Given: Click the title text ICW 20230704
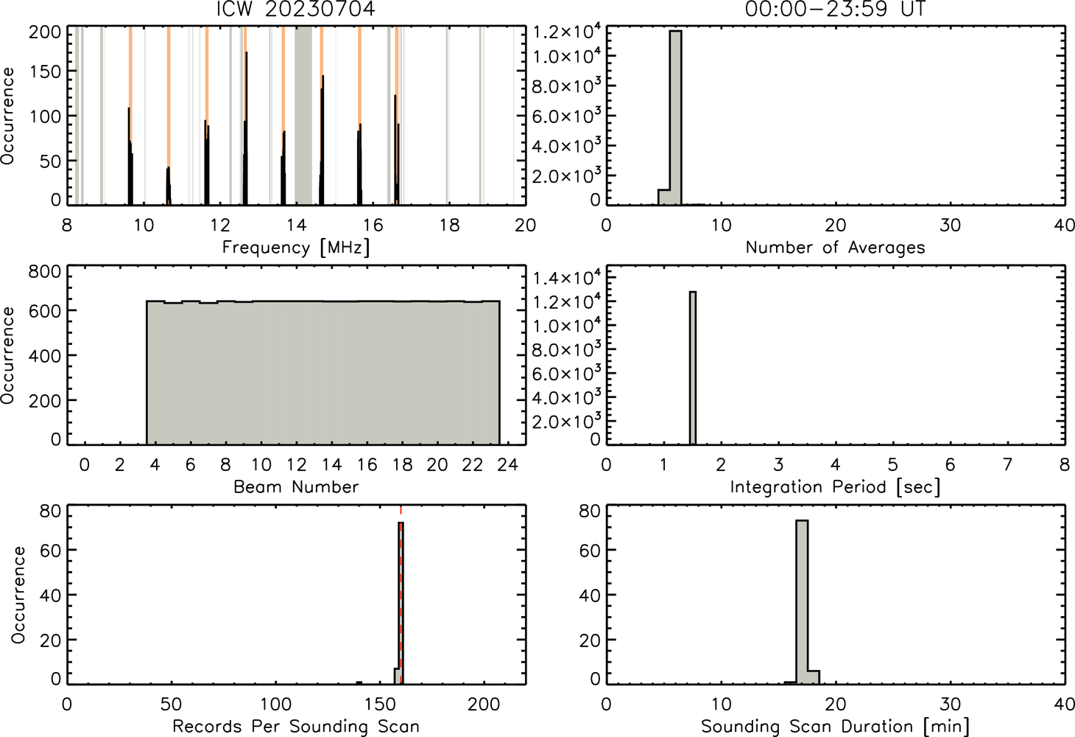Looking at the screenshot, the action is [296, 9].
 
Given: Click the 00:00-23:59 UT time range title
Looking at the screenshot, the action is [835, 9].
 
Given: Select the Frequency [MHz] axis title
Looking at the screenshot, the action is [296, 248].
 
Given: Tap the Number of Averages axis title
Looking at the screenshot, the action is [835, 248].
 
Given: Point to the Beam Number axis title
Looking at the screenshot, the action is [296, 487].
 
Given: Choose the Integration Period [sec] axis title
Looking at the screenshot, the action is [835, 487].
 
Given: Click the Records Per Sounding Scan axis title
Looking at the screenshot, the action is [296, 726].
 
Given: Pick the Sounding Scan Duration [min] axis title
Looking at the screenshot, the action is [835, 726].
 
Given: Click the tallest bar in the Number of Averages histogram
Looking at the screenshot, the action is [675, 118].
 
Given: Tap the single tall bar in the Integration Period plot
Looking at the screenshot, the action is [693, 368].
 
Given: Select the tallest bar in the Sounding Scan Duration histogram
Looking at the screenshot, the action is [802, 602].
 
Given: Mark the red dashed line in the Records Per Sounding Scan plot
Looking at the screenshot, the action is [401, 594].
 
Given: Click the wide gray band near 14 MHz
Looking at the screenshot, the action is [303, 115].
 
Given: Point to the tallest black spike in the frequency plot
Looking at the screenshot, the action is [246, 128].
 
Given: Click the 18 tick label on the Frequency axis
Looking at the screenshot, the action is [449, 226].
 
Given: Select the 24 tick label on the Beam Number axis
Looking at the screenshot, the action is [508, 464].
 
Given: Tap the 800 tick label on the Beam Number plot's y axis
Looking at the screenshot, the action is [45, 271].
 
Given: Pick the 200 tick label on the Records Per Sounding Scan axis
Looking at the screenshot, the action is [484, 705].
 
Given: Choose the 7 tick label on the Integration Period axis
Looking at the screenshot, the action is [1007, 464].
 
